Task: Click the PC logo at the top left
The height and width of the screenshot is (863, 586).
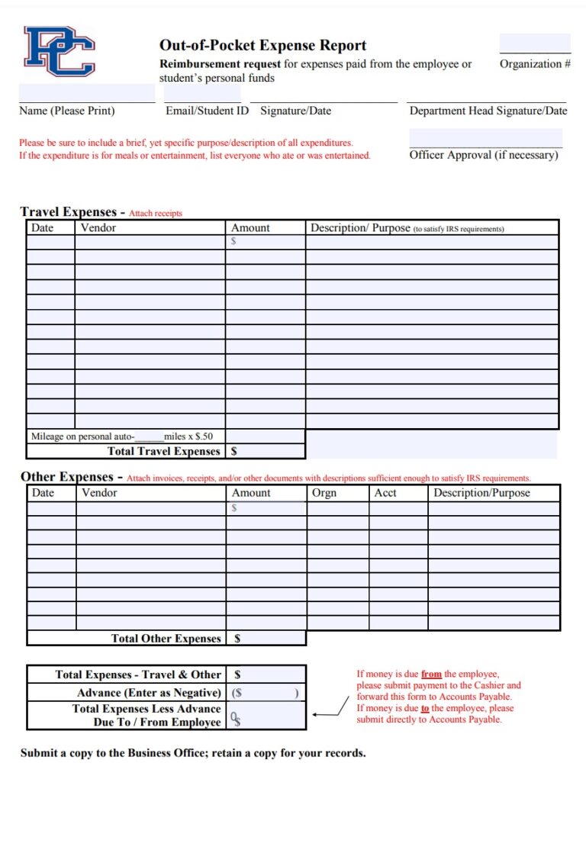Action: (60, 51)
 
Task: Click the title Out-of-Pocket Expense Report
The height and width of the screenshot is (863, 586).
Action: (262, 45)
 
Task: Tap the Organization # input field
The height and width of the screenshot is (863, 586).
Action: (535, 43)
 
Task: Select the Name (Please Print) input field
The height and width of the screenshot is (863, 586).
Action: (86, 93)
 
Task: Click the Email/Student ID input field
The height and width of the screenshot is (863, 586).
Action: (203, 93)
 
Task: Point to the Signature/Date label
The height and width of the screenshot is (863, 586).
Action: (295, 111)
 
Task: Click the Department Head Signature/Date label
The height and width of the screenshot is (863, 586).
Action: (488, 111)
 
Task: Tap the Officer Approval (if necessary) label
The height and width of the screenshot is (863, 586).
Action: (484, 155)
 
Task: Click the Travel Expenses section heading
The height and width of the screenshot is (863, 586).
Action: (69, 212)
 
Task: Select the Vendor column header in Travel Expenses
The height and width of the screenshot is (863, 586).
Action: (98, 227)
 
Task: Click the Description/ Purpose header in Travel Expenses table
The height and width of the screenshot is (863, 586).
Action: (359, 227)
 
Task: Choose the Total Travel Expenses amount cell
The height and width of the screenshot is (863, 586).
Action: (267, 451)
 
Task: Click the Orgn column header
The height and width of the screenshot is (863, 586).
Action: (324, 493)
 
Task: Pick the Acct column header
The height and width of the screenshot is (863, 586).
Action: (385, 493)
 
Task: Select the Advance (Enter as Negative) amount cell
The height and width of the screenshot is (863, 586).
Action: (267, 693)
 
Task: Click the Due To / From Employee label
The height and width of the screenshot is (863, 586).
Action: (156, 722)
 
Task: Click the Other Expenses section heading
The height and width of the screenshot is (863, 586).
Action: (67, 477)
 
